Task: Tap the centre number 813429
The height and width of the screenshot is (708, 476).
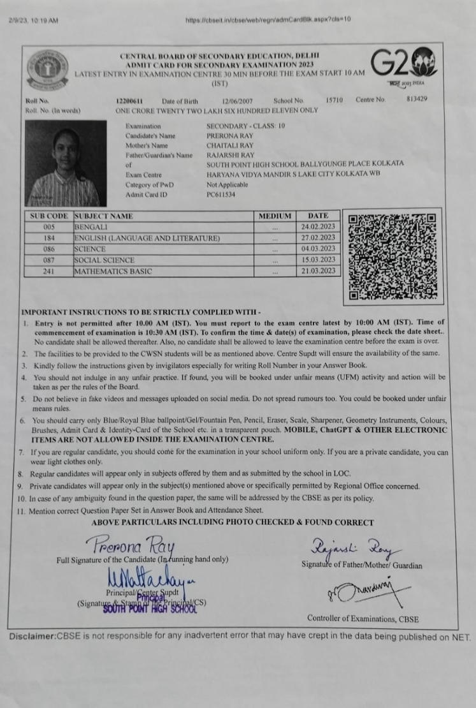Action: click(x=418, y=100)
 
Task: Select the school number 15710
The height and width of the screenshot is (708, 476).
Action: click(x=335, y=101)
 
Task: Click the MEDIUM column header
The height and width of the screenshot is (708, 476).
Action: click(x=274, y=216)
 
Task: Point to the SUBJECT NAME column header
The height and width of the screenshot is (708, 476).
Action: click(x=105, y=216)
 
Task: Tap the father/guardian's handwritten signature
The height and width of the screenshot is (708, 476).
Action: click(x=345, y=548)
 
